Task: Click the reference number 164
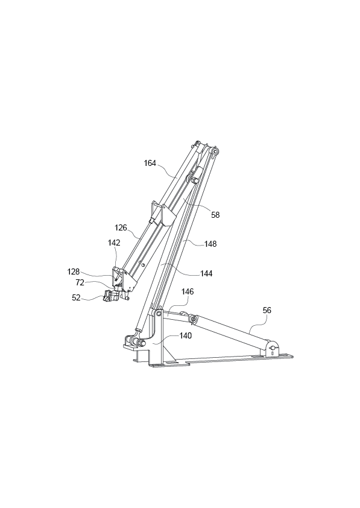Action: [x=150, y=163]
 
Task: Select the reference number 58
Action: [x=215, y=214]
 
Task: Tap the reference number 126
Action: [x=121, y=227]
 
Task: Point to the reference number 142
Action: [x=114, y=243]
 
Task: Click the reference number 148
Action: [x=210, y=244]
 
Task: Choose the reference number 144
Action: [x=206, y=273]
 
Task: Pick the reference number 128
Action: [x=74, y=271]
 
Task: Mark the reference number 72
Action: [x=80, y=282]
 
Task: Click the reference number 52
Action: [x=76, y=297]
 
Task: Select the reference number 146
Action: [x=188, y=291]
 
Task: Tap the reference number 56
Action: [x=267, y=310]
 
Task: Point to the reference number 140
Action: [x=185, y=335]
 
